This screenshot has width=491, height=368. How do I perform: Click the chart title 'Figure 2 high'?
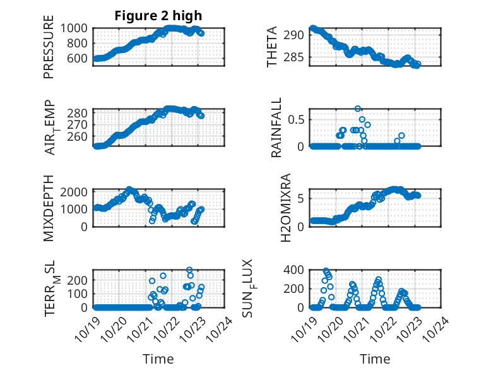click(x=158, y=16)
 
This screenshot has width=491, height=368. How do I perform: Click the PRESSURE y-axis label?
click(x=49, y=52)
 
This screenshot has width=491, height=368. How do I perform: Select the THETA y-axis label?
click(x=272, y=47)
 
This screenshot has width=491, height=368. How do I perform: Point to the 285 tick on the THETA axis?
click(x=296, y=59)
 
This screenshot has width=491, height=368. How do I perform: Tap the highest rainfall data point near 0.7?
click(x=358, y=109)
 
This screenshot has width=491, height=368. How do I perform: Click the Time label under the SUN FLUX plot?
click(x=375, y=359)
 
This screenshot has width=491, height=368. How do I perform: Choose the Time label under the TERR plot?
click(x=158, y=359)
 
